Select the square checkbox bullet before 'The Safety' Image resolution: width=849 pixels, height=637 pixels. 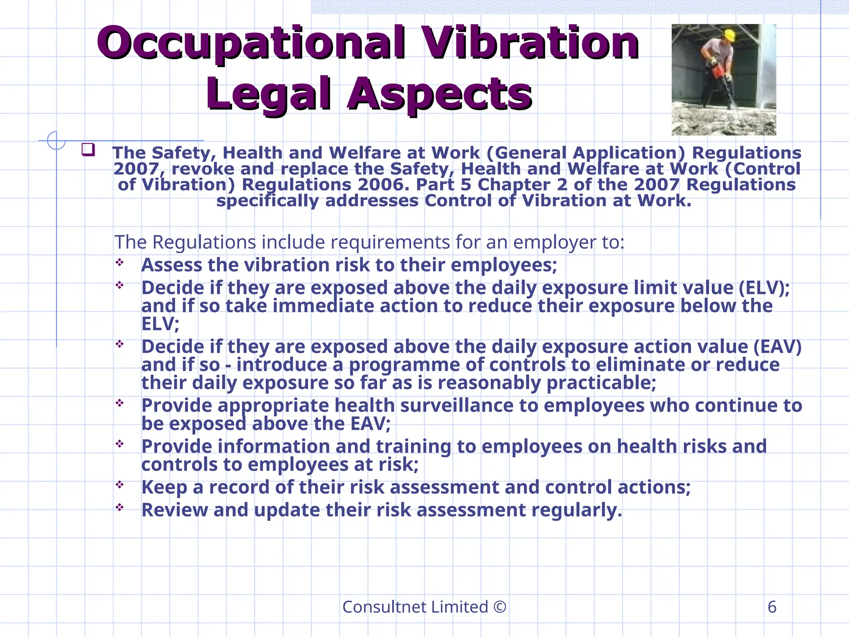click(88, 149)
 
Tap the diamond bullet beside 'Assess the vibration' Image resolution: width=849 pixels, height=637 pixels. click(120, 263)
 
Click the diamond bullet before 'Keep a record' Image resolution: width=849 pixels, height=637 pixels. click(120, 484)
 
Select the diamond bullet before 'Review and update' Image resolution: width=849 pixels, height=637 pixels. click(120, 507)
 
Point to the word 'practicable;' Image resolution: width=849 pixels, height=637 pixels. click(601, 383)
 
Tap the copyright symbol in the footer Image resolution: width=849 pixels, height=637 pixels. click(500, 607)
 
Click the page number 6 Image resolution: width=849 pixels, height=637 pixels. click(772, 607)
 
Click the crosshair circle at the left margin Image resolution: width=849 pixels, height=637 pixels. click(56, 141)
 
